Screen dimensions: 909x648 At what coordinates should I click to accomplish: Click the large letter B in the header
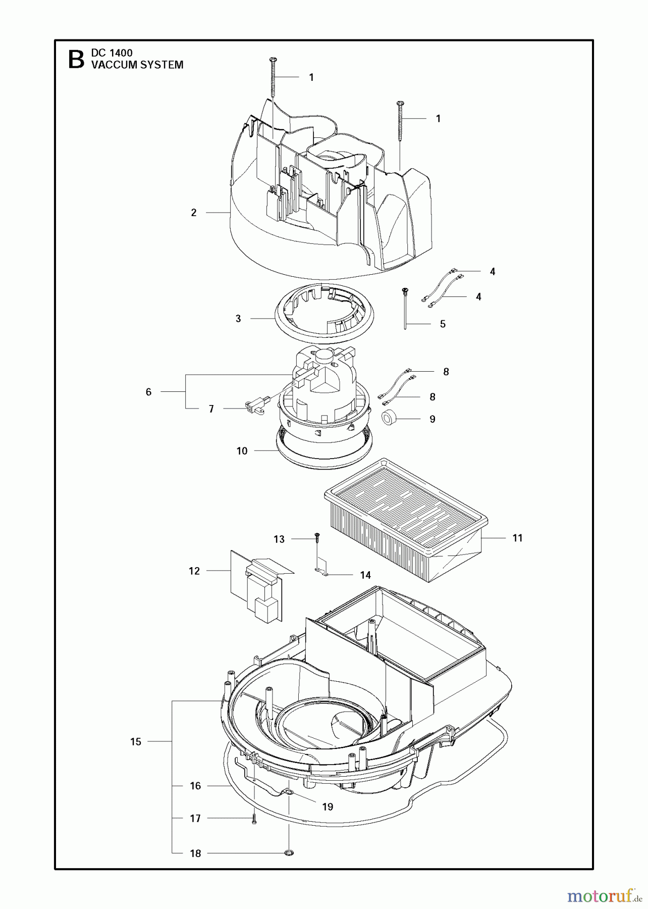[76, 59]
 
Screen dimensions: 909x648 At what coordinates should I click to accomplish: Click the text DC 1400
[112, 53]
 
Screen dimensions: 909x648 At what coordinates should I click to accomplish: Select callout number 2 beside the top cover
[194, 213]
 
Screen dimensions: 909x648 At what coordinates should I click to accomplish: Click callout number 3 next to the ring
[238, 319]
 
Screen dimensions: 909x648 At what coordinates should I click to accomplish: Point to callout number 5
[443, 324]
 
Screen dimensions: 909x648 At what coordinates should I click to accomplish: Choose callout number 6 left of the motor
[148, 392]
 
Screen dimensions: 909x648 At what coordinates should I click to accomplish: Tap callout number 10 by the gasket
[242, 451]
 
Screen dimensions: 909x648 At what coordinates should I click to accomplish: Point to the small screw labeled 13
[316, 537]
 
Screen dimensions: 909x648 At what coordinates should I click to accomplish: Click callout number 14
[365, 575]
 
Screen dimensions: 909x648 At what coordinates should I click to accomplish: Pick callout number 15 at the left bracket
[136, 741]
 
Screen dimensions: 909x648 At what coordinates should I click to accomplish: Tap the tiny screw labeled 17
[254, 820]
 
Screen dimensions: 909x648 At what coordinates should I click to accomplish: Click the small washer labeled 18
[289, 853]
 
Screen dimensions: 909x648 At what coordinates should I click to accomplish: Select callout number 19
[328, 806]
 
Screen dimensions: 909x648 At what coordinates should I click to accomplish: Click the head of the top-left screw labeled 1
[273, 61]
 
